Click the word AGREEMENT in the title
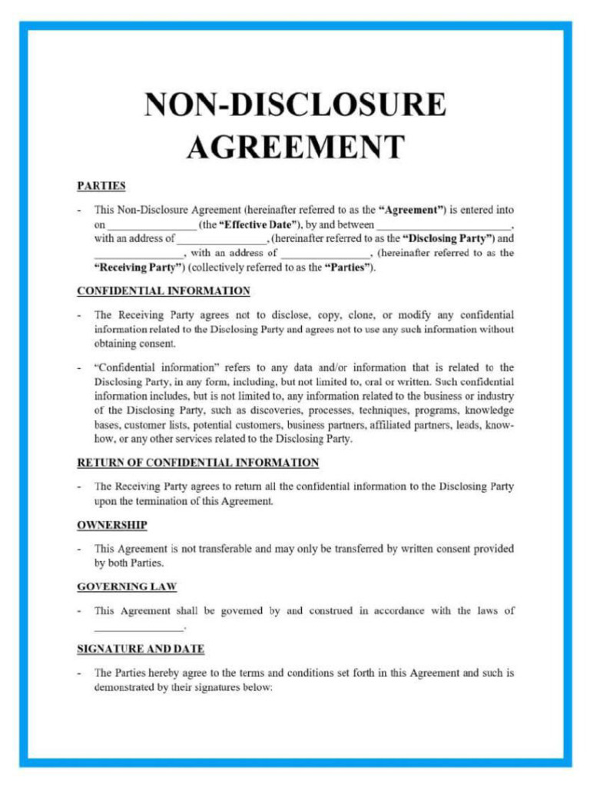coord(295,147)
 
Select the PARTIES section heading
coord(101,185)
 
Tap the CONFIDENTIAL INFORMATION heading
coord(163,291)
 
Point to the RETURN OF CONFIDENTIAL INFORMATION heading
coord(197,463)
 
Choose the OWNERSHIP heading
coord(111,525)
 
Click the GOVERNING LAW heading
coord(127,586)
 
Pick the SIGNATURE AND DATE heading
coord(141,649)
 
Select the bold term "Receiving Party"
coord(139,267)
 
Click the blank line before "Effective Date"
coord(151,226)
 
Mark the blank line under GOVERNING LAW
coord(139,627)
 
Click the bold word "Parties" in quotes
coord(349,267)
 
